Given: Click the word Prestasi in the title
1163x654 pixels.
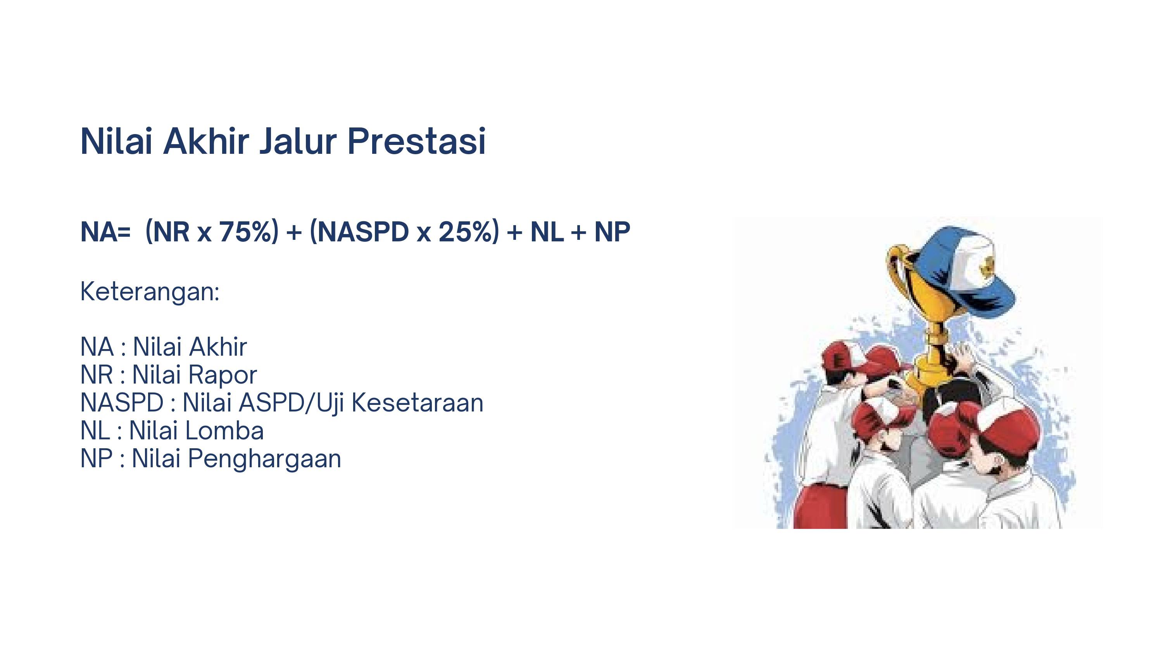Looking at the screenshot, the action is (x=416, y=141).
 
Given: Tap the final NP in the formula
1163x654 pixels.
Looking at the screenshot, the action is (x=612, y=232).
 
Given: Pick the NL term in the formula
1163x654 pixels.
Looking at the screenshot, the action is (x=547, y=232).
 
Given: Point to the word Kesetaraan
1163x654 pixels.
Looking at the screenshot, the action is (x=417, y=402).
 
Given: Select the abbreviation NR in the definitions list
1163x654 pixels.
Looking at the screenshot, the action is (x=97, y=375).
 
